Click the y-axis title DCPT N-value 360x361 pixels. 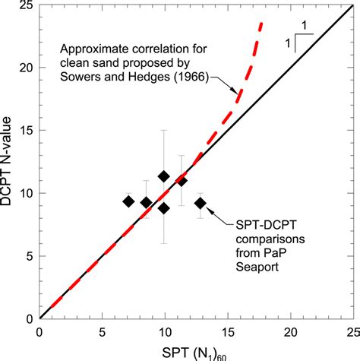click(x=10, y=160)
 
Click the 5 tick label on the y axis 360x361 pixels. click(x=29, y=256)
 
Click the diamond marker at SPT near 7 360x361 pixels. click(x=129, y=201)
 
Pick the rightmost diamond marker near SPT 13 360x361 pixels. click(x=200, y=203)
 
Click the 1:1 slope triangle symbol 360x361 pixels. click(x=297, y=36)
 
